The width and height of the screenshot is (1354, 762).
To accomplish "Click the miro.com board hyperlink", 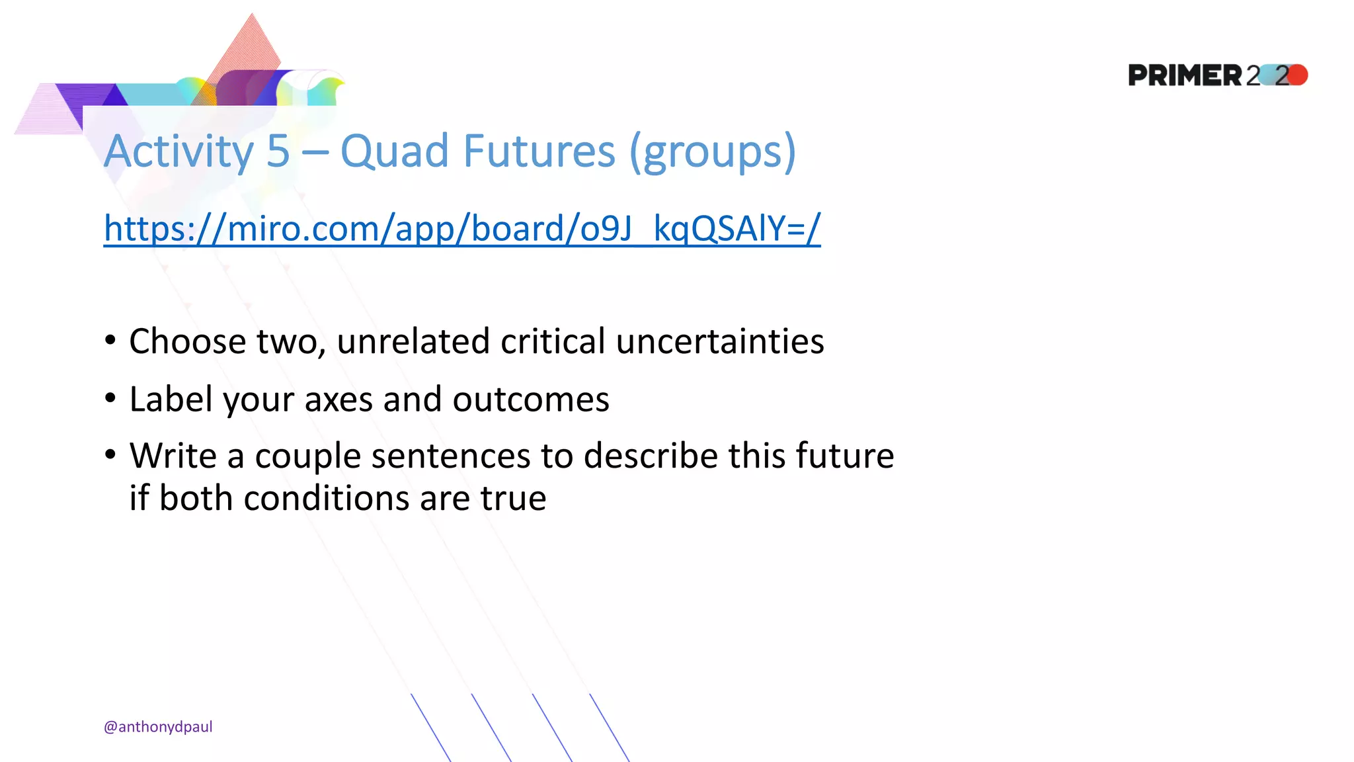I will click(x=461, y=229).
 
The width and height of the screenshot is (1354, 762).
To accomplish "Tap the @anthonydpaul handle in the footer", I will click(x=158, y=727).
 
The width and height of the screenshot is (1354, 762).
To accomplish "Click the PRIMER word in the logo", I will click(x=1185, y=75).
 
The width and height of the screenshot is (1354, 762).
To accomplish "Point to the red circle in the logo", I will click(x=1298, y=75).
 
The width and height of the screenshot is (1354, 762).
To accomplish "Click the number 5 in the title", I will click(x=278, y=151).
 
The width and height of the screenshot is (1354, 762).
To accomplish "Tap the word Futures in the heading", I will click(x=539, y=151).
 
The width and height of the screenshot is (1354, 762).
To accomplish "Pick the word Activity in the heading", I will click(x=179, y=151).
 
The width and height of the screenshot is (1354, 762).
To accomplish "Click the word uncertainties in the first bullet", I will click(x=720, y=341).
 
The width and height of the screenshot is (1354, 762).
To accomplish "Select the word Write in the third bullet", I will click(x=173, y=456).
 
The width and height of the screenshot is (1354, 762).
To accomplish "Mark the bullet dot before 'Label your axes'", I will click(x=110, y=398).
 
